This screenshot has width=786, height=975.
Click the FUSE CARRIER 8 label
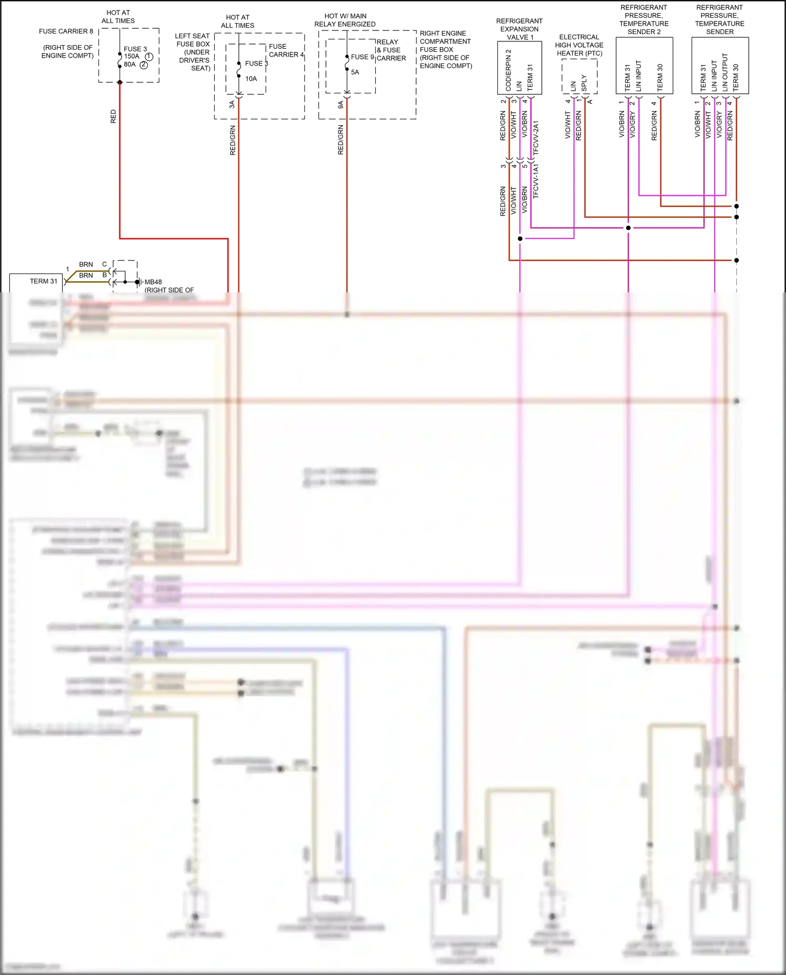click(x=66, y=31)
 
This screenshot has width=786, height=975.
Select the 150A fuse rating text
click(x=132, y=57)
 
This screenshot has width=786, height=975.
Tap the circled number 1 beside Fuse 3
click(x=149, y=57)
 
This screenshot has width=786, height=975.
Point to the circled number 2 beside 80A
click(x=144, y=65)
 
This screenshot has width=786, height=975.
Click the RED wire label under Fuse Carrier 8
click(x=113, y=116)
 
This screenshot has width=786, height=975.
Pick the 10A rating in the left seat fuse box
click(x=251, y=79)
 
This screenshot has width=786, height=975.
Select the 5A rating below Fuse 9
click(x=355, y=72)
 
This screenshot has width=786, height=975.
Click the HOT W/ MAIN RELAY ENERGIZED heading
click(x=345, y=20)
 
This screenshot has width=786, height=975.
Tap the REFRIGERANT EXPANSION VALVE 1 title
click(x=519, y=29)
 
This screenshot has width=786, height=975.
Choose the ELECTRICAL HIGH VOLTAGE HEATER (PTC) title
click(x=579, y=45)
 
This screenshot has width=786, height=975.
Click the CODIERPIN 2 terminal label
click(x=508, y=70)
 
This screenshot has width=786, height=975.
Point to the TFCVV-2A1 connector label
click(x=536, y=138)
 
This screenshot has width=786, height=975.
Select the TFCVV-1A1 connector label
click(x=536, y=181)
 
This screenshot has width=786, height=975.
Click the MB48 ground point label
click(x=153, y=282)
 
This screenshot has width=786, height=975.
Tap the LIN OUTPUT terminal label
click(x=725, y=72)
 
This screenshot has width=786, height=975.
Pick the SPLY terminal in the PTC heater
click(x=584, y=83)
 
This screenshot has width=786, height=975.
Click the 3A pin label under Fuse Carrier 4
click(x=232, y=105)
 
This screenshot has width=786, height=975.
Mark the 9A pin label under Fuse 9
click(x=341, y=105)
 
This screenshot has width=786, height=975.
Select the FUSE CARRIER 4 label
click(x=286, y=50)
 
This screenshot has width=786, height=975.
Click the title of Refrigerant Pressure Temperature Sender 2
click(x=644, y=20)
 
